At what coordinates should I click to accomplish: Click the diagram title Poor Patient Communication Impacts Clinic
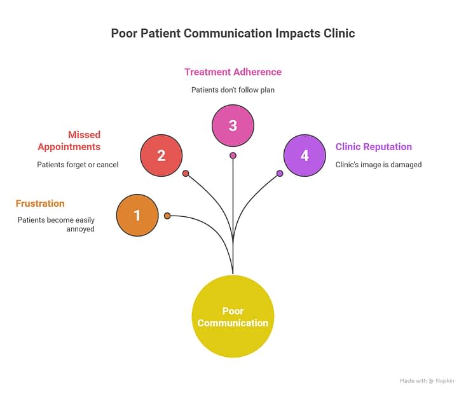tap(233, 33)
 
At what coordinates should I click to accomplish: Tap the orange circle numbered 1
tap(137, 215)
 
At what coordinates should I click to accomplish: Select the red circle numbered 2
tap(161, 155)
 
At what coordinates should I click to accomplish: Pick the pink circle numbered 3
tap(233, 125)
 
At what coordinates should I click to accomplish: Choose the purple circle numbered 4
tap(305, 155)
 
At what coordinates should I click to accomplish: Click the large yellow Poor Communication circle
tap(233, 317)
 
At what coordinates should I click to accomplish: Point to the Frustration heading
tap(40, 204)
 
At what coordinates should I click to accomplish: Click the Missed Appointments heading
tap(69, 141)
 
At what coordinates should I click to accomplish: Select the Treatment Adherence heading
tap(233, 72)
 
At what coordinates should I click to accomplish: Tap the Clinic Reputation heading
tap(374, 146)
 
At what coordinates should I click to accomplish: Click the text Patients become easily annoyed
tap(56, 224)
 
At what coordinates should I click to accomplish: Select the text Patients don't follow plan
tap(233, 90)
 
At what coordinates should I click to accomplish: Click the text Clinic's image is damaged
tap(378, 165)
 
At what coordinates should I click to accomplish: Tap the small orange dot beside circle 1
tap(167, 216)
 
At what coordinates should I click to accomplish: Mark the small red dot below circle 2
tap(186, 173)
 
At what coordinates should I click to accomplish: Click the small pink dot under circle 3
tap(233, 155)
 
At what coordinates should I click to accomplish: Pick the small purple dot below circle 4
tap(280, 173)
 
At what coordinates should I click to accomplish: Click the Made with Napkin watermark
tap(427, 381)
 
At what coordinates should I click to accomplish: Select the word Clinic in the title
tap(340, 33)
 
